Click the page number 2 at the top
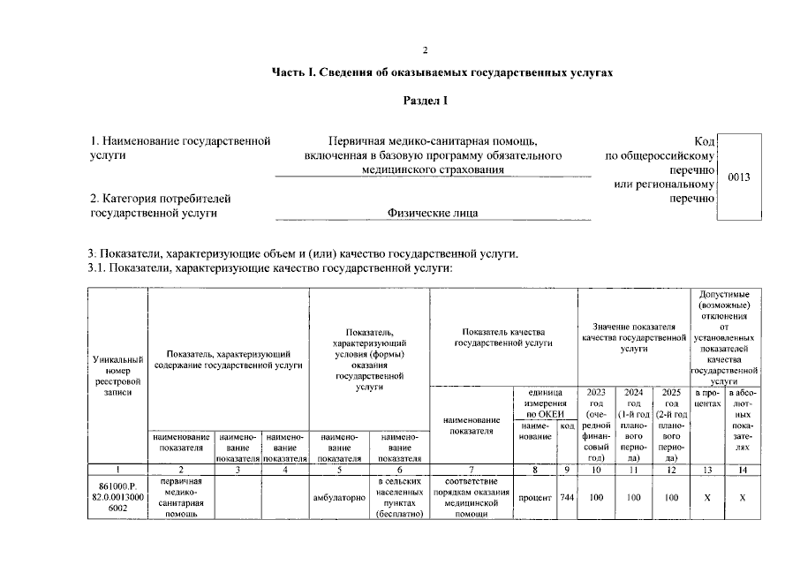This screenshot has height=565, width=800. point(424,49)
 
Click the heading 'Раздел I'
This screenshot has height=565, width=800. point(426,101)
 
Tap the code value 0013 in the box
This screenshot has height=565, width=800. point(738,177)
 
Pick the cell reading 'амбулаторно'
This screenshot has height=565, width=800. point(339,498)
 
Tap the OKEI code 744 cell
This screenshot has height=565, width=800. point(567,498)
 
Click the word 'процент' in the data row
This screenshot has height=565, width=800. point(535,498)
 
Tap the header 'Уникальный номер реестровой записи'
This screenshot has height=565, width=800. point(117,375)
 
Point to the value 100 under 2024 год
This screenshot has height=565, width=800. point(633,498)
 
